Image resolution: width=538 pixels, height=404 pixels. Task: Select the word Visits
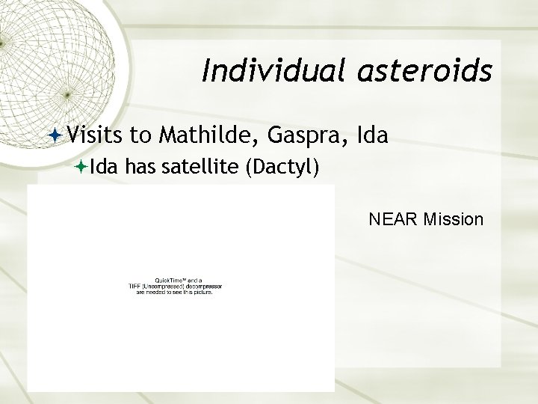tap(95, 135)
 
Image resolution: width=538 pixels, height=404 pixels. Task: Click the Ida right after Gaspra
tap(373, 135)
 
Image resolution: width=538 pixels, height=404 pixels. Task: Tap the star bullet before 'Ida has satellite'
tap(81, 169)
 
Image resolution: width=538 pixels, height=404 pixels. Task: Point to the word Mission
tap(453, 220)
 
